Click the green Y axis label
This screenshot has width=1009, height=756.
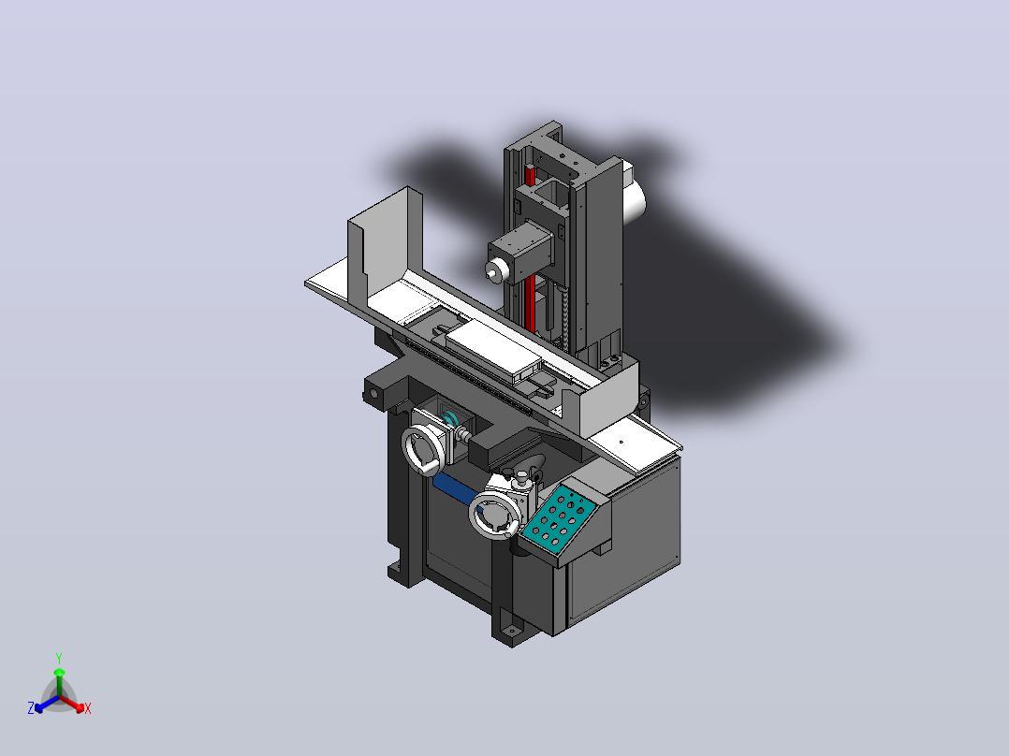tap(59, 658)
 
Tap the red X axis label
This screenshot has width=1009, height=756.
tap(88, 708)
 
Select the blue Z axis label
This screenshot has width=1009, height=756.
tap(30, 707)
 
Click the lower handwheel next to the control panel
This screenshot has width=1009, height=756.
tap(493, 515)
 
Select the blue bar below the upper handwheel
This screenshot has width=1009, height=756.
tap(456, 489)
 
